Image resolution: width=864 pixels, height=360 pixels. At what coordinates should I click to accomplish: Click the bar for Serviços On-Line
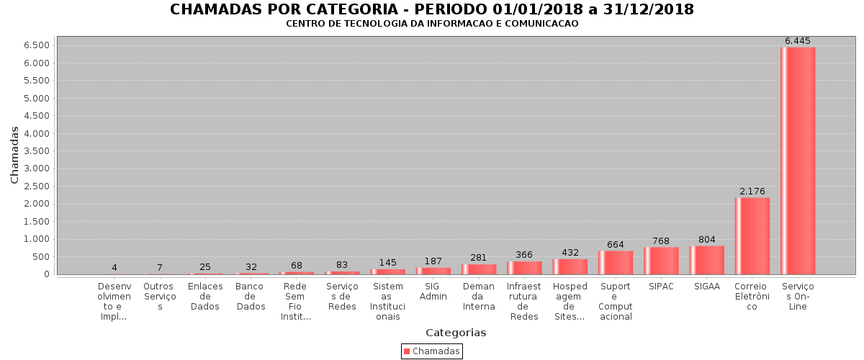coord(798,161)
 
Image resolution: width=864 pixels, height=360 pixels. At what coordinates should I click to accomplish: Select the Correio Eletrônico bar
coord(752,235)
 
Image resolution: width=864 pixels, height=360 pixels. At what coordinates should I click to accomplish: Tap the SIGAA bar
coord(706,260)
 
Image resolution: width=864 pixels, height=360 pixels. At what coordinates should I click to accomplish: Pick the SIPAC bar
coord(661,261)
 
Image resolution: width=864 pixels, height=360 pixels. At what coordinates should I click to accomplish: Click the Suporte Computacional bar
coord(616,262)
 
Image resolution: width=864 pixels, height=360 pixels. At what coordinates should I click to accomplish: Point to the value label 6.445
coord(798,41)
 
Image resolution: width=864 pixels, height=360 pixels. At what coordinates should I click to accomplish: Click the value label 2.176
coord(752,192)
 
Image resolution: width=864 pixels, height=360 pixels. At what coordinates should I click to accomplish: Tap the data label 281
coord(479,258)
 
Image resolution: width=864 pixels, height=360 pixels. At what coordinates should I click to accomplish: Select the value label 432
coord(570,253)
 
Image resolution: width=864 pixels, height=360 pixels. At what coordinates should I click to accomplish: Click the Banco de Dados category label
coord(251,297)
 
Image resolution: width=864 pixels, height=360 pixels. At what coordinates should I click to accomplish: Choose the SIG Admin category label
coord(433,292)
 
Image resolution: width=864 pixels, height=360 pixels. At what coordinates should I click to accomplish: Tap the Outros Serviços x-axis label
coord(160,297)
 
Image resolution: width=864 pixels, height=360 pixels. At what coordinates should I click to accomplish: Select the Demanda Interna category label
coord(479,297)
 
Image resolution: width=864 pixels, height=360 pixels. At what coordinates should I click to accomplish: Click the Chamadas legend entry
coord(432,351)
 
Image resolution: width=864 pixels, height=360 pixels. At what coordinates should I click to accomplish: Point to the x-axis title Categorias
coord(456,333)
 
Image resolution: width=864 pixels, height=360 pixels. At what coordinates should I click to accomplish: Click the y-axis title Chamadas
coord(14,155)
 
